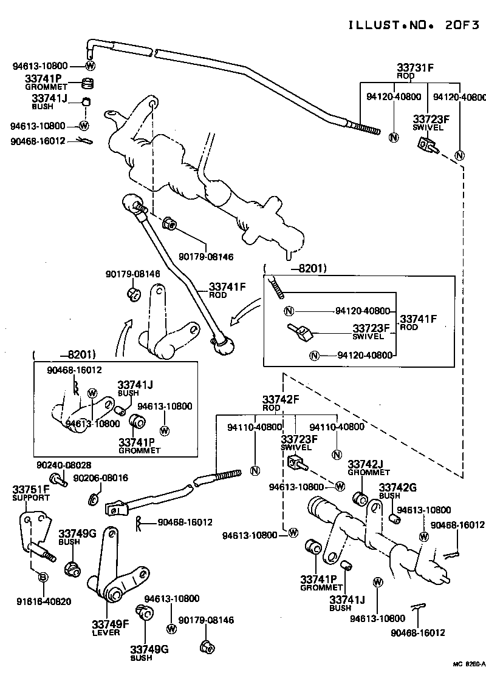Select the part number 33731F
point(416,68)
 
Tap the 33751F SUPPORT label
point(31,493)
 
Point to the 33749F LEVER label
point(111,628)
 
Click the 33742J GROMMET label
point(369,468)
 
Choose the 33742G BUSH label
point(397,490)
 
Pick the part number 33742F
point(281,399)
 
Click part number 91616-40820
point(44,602)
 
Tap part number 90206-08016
point(100,478)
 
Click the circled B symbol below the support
point(43,576)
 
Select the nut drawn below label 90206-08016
point(93,499)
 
